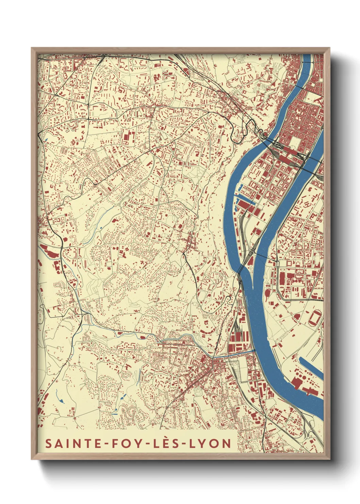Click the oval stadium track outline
coord(314,318)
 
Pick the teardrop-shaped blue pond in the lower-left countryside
coord(61,401)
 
